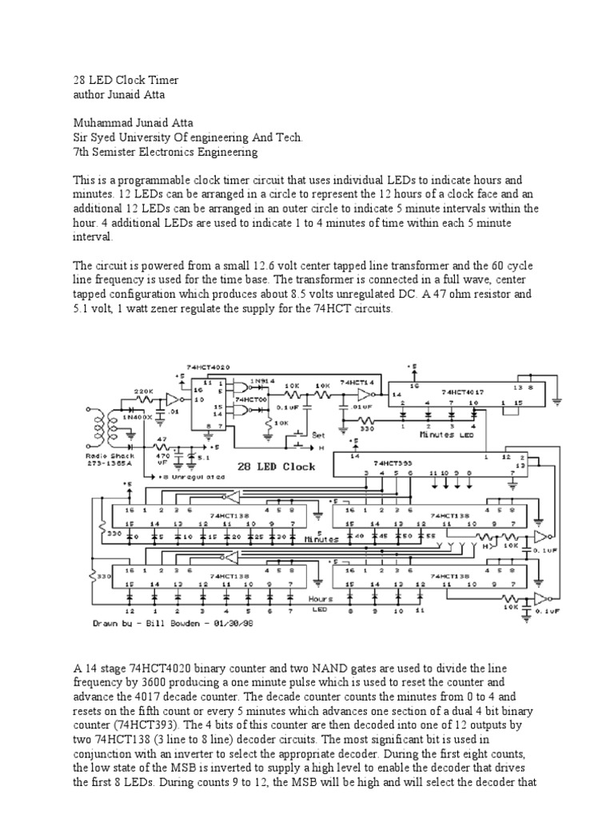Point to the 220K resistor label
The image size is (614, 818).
click(143, 391)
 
